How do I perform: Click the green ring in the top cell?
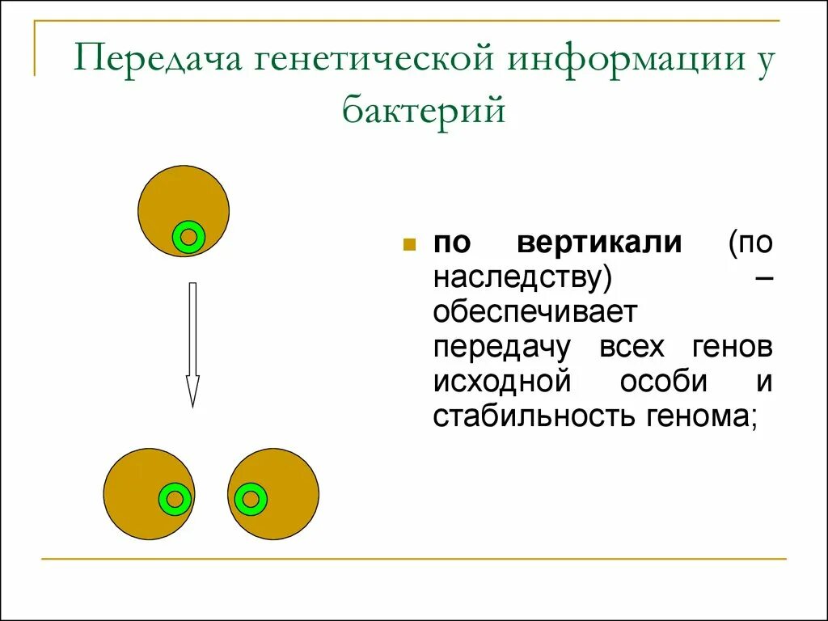click(188, 237)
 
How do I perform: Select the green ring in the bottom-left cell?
click(175, 498)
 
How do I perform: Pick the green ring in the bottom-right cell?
click(251, 498)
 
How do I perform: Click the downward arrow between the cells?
click(192, 340)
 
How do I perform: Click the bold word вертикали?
click(599, 243)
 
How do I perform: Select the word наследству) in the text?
click(522, 277)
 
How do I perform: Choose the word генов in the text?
click(732, 348)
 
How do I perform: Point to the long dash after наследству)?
click(763, 277)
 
